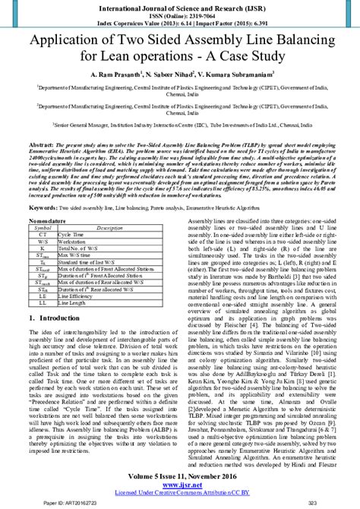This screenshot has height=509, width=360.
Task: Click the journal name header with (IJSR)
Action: tap(179, 6)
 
